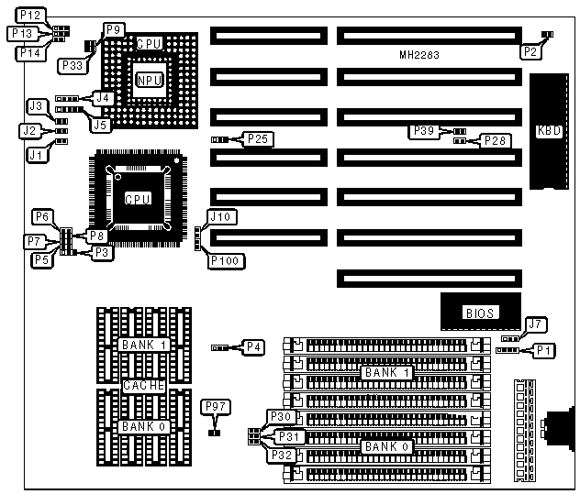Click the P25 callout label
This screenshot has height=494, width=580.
click(x=257, y=139)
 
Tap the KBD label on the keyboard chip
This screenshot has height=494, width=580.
click(x=550, y=130)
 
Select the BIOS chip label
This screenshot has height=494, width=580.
click(x=480, y=313)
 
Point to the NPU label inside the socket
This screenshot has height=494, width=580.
click(x=150, y=81)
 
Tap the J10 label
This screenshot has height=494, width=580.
click(x=223, y=217)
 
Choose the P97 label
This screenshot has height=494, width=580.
click(x=216, y=406)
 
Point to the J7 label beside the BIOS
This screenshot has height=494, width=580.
click(x=537, y=323)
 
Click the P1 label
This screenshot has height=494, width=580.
click(x=545, y=349)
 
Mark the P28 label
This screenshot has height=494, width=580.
click(x=495, y=140)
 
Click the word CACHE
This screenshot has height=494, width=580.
click(x=144, y=386)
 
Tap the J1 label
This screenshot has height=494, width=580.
click(x=36, y=155)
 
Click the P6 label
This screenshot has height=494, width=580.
click(x=43, y=216)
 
